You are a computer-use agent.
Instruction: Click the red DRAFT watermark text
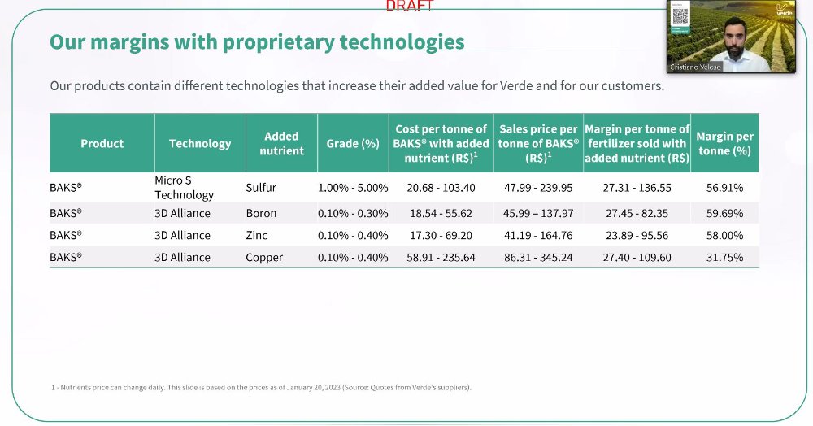pyautogui.click(x=410, y=6)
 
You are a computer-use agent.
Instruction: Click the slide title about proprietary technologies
pyautogui.click(x=257, y=42)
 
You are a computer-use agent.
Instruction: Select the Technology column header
pyautogui.click(x=200, y=143)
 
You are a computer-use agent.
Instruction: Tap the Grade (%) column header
pyautogui.click(x=353, y=143)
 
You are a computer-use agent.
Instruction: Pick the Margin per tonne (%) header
pyautogui.click(x=724, y=143)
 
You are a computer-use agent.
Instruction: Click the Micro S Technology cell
pyautogui.click(x=185, y=187)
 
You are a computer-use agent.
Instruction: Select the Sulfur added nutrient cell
pyautogui.click(x=261, y=187)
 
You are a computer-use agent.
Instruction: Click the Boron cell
pyautogui.click(x=261, y=213)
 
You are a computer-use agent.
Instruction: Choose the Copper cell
pyautogui.click(x=264, y=257)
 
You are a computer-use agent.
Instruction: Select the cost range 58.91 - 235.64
pyautogui.click(x=441, y=257)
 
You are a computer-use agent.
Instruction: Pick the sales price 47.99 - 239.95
pyautogui.click(x=538, y=187)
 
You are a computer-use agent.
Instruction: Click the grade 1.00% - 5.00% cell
pyautogui.click(x=353, y=187)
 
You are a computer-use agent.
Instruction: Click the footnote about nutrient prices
pyautogui.click(x=261, y=387)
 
